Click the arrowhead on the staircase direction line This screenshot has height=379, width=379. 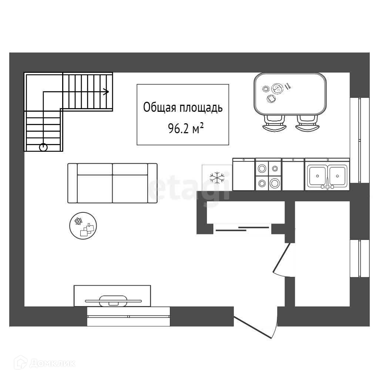pyautogui.click(x=106, y=91)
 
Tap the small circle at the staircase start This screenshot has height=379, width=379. pyautogui.click(x=43, y=147)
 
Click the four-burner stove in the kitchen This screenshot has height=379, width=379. pyautogui.click(x=268, y=175)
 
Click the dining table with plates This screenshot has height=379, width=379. pyautogui.click(x=290, y=93)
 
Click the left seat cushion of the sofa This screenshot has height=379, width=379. pyautogui.click(x=95, y=188)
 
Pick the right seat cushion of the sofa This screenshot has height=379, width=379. pyautogui.click(x=130, y=188)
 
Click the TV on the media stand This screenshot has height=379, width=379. pyautogui.click(x=113, y=301)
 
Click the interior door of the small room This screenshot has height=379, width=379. pyautogui.click(x=281, y=259)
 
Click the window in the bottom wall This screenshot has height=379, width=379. pyautogui.click(x=128, y=316)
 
